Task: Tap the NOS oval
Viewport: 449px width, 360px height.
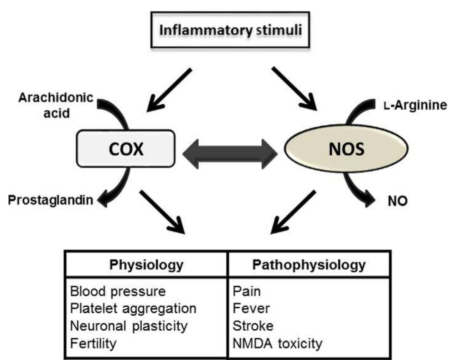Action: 340,149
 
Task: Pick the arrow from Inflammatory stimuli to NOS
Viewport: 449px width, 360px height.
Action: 294,88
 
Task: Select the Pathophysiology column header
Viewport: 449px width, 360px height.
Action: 309,265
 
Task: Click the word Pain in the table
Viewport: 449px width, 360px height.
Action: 247,291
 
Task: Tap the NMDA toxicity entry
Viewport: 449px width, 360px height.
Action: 276,343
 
